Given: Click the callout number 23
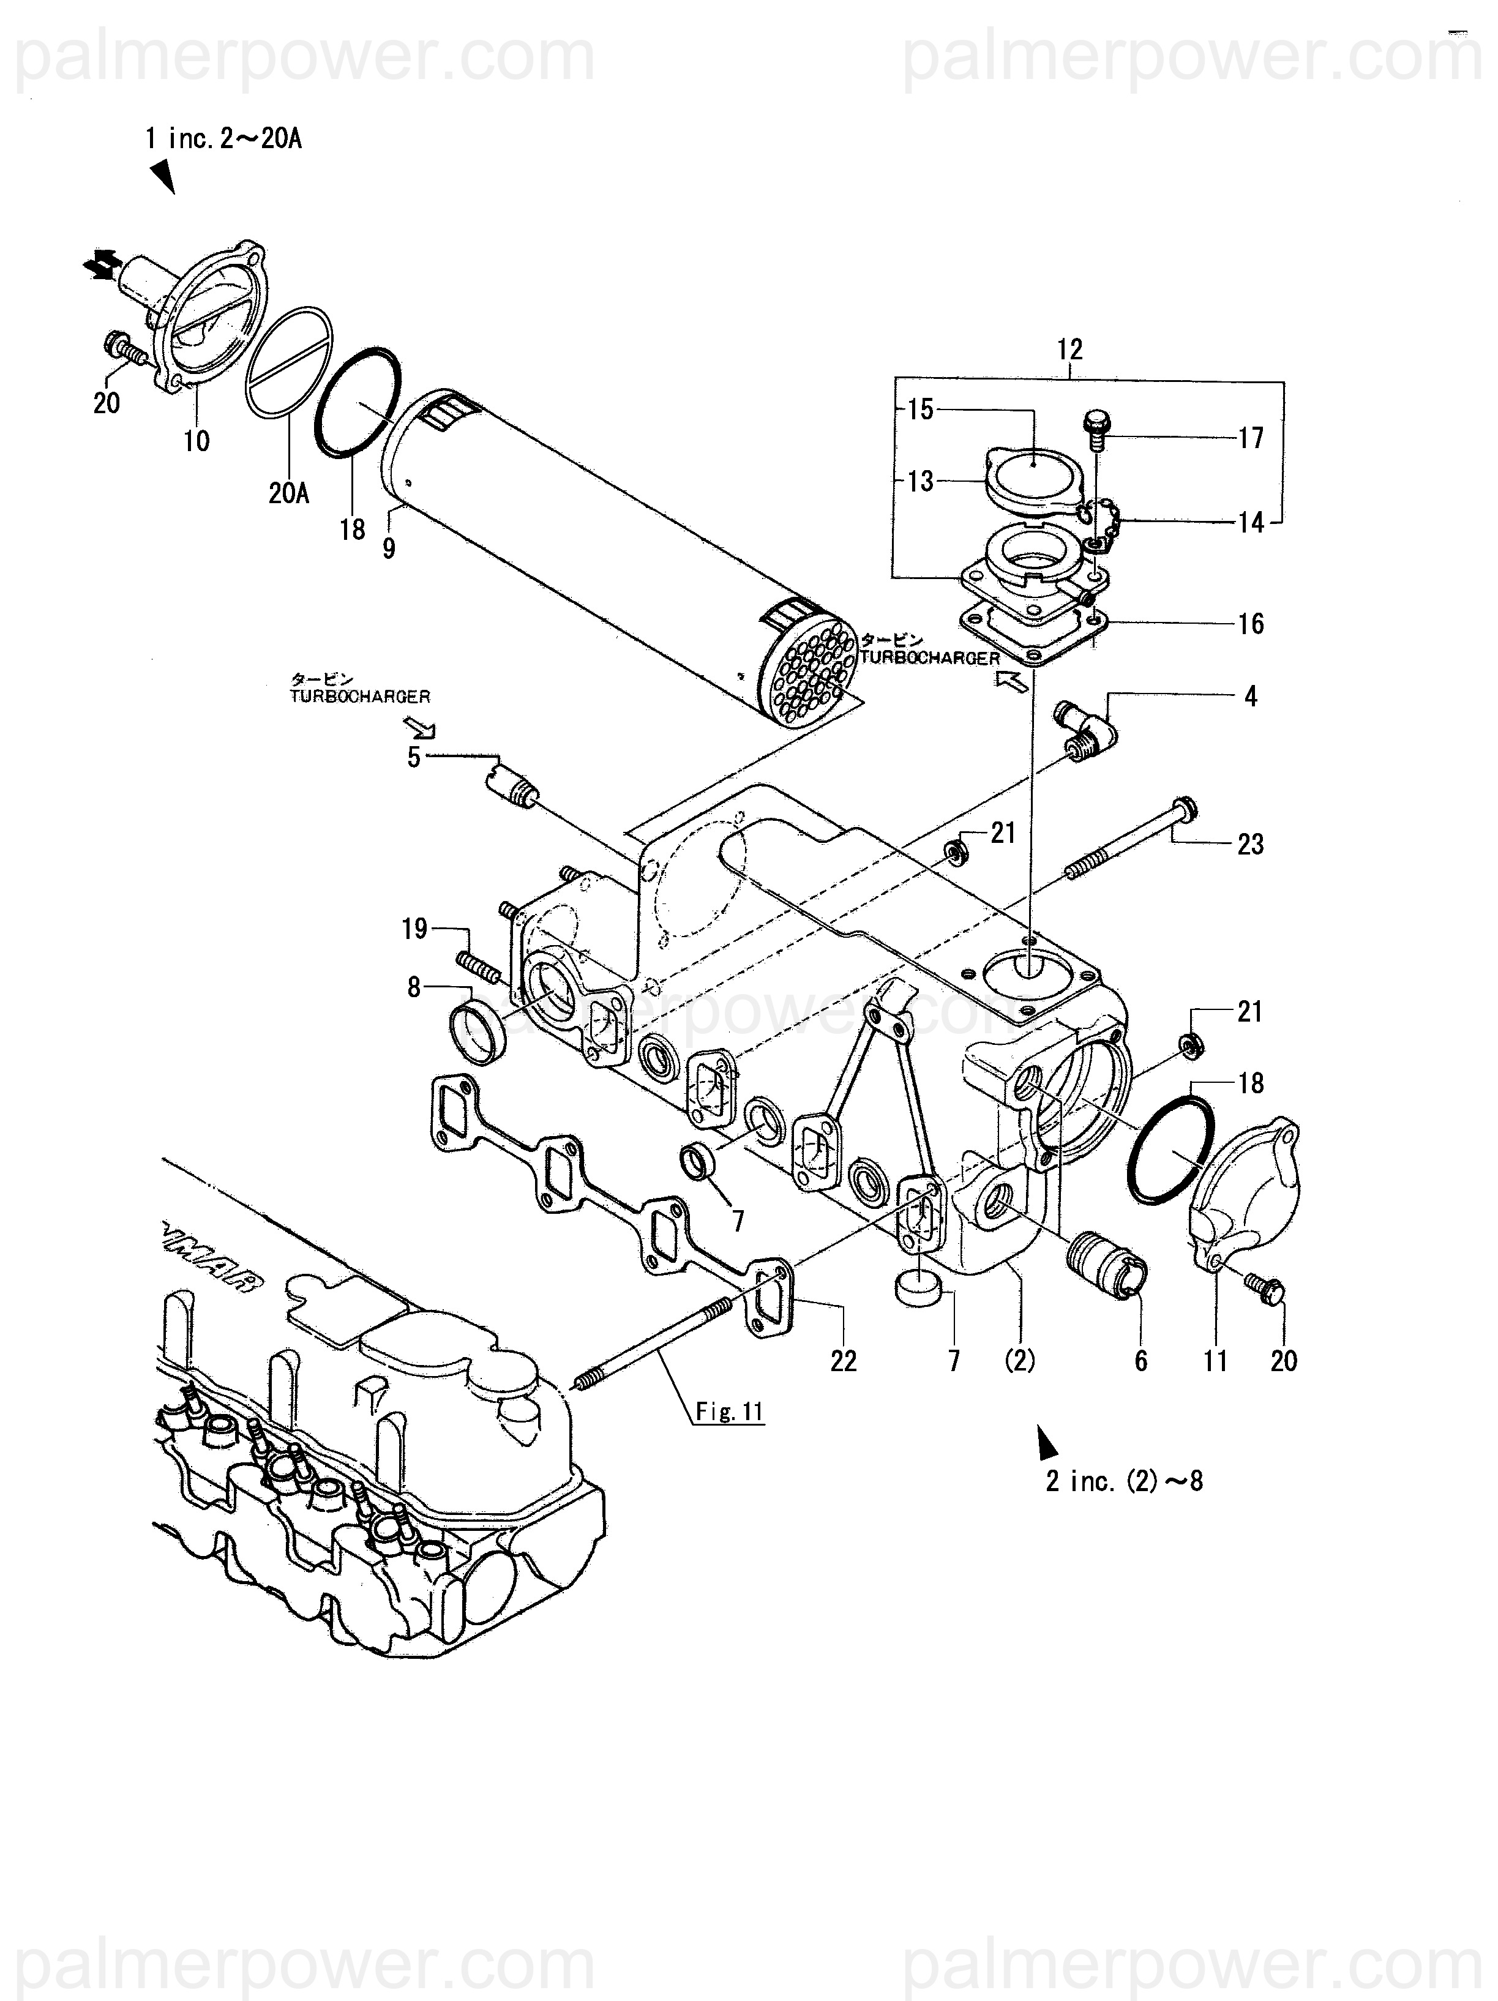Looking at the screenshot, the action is point(1250,845).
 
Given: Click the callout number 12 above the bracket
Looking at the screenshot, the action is point(1069,349).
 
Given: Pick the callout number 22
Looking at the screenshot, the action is point(843,1361).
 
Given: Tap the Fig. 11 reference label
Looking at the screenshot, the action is point(730,1411).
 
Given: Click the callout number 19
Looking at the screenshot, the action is point(414,929).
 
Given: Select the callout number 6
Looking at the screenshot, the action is point(1140,1361).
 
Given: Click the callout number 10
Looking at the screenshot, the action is point(197,441).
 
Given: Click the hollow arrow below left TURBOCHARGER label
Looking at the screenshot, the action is point(420,727).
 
